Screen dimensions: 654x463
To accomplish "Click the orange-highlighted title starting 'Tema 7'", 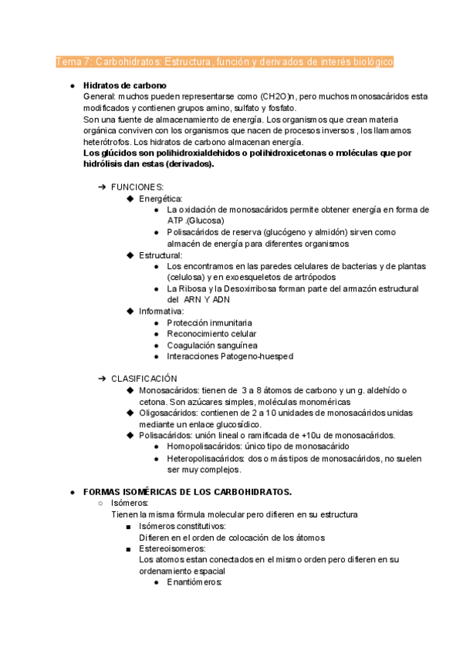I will click(225, 61).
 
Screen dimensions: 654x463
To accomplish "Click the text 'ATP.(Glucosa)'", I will click(196, 221).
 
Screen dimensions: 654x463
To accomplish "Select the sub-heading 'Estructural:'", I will click(161, 255).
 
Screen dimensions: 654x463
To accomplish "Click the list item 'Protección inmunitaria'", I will click(209, 322).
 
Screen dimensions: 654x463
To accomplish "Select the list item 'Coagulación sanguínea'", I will click(212, 345).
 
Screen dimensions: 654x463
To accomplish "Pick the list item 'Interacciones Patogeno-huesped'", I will click(229, 356).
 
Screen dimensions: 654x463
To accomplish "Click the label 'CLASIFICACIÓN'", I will click(144, 379).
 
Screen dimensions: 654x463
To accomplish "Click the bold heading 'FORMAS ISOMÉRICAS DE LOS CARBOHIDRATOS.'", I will click(187, 492).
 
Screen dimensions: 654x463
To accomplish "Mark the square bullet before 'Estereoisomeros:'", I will click(127, 548).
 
